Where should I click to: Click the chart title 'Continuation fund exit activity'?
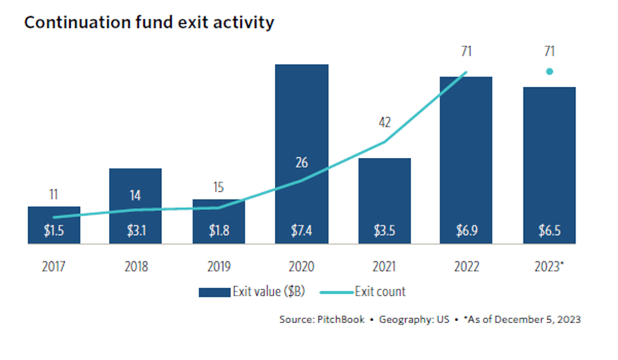(x=148, y=22)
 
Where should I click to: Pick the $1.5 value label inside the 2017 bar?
(x=54, y=231)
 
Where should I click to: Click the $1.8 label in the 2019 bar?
(x=219, y=231)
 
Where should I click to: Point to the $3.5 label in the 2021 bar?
(x=384, y=231)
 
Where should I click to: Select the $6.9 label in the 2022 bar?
(x=467, y=231)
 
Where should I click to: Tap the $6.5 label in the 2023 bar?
(x=549, y=231)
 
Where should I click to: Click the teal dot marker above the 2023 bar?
(x=549, y=71)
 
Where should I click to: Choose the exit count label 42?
(x=384, y=123)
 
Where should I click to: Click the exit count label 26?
(x=302, y=162)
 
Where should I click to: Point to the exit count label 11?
(x=54, y=195)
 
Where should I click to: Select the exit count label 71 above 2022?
(x=467, y=50)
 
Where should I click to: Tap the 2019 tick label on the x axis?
(x=219, y=267)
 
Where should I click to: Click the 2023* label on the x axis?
(x=550, y=267)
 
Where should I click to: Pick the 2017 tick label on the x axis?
(x=54, y=267)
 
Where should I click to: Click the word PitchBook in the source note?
(x=341, y=320)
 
